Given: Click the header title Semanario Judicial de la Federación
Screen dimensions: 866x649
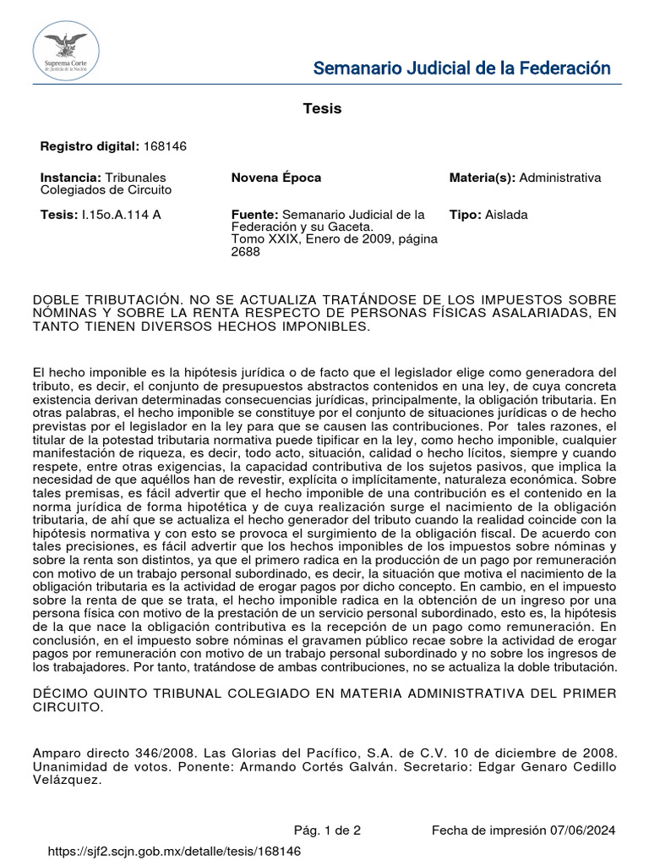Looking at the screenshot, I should click(461, 69).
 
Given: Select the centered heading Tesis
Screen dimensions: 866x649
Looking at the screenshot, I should click(322, 109).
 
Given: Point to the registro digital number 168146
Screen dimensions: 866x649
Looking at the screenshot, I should click(165, 146).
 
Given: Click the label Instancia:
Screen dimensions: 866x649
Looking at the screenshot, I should click(71, 178).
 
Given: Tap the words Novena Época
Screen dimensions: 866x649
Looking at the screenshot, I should click(276, 178).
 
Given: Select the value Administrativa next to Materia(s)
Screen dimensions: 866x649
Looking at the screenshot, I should click(560, 178).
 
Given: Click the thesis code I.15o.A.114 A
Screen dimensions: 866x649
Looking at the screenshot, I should click(118, 215).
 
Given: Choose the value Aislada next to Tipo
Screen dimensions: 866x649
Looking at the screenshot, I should click(506, 215).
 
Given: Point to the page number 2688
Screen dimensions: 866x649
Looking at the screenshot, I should click(246, 252).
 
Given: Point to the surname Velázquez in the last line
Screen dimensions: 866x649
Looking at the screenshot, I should click(67, 781).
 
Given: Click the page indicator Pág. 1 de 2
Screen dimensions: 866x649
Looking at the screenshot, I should click(327, 830).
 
